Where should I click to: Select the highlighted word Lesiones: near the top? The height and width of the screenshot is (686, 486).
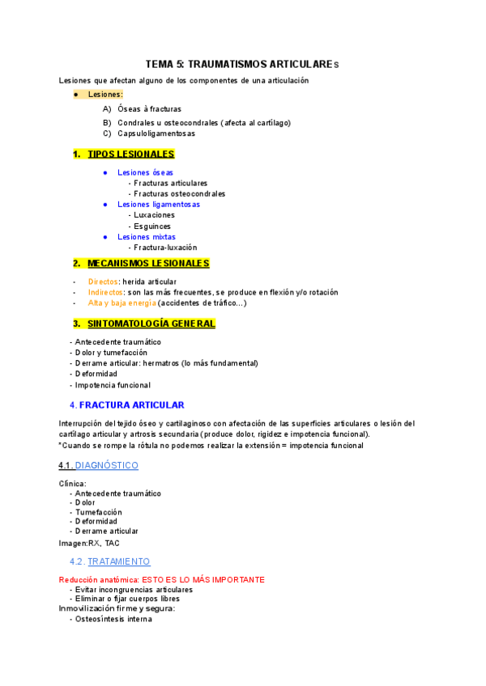pyautogui.click(x=105, y=95)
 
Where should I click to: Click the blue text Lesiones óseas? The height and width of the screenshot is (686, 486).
pyautogui.click(x=145, y=172)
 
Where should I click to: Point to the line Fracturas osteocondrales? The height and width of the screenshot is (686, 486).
pyautogui.click(x=179, y=193)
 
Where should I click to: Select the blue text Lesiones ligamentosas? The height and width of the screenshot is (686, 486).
pyautogui.click(x=159, y=205)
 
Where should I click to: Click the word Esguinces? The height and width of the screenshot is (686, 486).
pyautogui.click(x=153, y=226)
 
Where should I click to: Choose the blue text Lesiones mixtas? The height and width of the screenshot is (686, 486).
pyautogui.click(x=147, y=237)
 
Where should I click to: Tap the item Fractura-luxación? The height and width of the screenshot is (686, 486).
pyautogui.click(x=164, y=248)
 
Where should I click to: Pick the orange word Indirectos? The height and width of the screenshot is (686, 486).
pyautogui.click(x=105, y=292)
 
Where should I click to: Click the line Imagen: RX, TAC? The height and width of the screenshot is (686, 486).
pyautogui.click(x=89, y=543)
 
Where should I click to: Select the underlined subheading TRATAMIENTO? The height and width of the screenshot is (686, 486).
pyautogui.click(x=118, y=561)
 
